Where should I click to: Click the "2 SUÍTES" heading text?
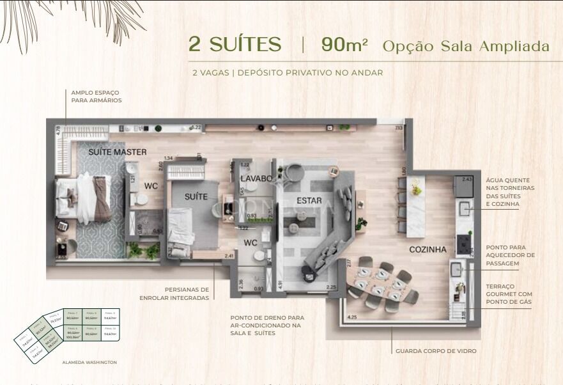(235, 45)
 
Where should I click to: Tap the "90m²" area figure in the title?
(344, 45)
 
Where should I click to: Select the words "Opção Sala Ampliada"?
(466, 46)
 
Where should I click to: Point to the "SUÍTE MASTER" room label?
(118, 152)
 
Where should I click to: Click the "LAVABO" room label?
(256, 178)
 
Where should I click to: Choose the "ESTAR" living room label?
(309, 201)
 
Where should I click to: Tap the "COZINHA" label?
(428, 249)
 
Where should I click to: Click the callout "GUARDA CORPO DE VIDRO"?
(436, 351)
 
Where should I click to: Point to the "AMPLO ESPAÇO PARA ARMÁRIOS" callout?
(96, 97)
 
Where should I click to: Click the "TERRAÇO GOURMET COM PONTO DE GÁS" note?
(509, 294)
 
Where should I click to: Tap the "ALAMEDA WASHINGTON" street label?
(89, 362)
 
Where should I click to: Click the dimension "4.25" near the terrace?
(351, 317)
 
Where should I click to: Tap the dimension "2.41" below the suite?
(228, 256)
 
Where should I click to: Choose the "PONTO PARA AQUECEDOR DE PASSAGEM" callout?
(510, 255)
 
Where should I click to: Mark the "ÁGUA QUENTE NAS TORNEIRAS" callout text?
(510, 192)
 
